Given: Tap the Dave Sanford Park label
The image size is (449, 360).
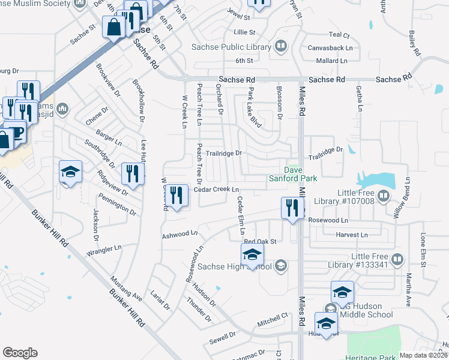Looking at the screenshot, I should tap(300, 173).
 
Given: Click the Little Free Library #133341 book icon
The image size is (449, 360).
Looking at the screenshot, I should tap(397, 260).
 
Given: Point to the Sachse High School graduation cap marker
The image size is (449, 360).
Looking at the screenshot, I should tap(252, 254).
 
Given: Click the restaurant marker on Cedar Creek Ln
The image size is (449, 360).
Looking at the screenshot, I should tap(176, 196).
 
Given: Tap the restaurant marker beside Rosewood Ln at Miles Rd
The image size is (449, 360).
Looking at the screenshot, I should tap(292, 209).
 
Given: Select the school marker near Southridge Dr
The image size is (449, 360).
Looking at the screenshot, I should tap(70, 172).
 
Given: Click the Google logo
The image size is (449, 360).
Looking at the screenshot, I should tap(20, 353).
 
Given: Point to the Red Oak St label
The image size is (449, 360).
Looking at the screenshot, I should tap(259, 241).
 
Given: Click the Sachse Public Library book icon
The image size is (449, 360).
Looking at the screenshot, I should tap(280, 46).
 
